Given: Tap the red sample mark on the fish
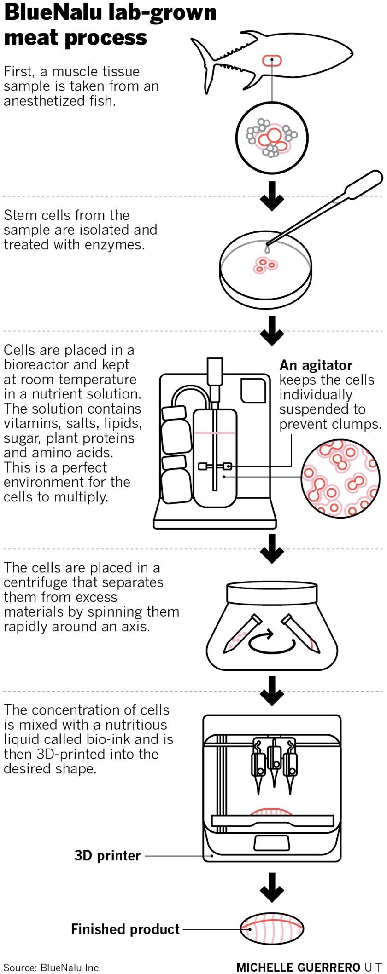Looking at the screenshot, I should (272, 60).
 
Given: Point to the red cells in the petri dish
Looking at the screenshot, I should (265, 265).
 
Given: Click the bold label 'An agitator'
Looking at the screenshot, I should (316, 365).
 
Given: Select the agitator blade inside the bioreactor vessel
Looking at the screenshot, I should (215, 467).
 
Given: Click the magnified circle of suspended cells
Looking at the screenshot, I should (340, 478).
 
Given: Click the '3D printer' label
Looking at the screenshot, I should (107, 856).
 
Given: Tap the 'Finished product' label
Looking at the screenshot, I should (125, 929).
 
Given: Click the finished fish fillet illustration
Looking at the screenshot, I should (272, 929).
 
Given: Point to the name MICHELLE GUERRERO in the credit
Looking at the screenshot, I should (298, 967).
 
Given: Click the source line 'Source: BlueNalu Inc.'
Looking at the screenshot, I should (52, 967).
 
